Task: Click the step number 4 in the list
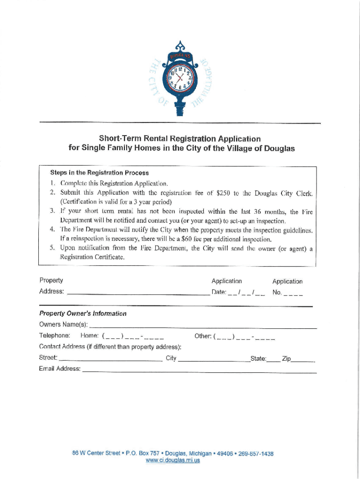point(52,230)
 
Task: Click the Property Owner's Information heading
point(83,313)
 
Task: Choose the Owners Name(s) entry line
point(202,326)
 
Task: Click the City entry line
point(214,359)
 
